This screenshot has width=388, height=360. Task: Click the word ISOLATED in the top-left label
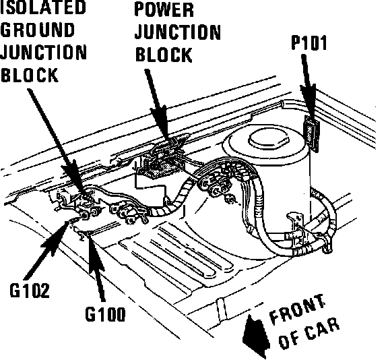tap(43, 7)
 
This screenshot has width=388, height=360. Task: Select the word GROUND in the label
tap(37, 30)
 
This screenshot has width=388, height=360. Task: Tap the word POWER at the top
tap(164, 10)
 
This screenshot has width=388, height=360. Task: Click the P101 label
tap(309, 43)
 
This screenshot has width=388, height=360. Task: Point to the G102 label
tap(30, 290)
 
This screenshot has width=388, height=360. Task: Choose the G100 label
tap(105, 314)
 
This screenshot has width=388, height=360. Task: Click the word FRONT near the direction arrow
tap(296, 309)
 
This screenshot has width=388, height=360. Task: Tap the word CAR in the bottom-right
tap(323, 328)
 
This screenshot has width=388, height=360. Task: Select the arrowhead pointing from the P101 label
tap(309, 102)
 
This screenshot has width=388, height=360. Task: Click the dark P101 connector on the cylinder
tap(311, 133)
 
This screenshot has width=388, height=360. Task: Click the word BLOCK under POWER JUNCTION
tap(164, 55)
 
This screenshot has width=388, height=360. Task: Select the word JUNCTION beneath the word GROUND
tap(44, 52)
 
